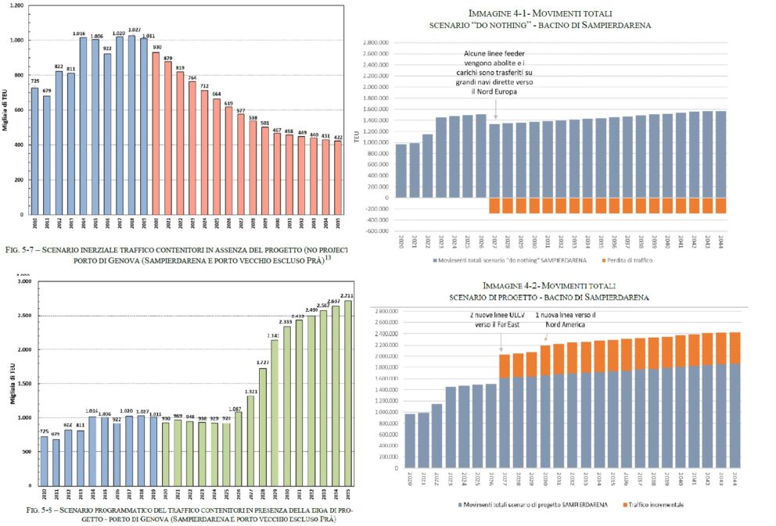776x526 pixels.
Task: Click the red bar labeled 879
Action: pos(167,138)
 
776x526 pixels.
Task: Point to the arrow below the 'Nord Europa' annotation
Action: pos(495,113)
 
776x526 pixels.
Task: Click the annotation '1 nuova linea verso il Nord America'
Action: pos(565,320)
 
